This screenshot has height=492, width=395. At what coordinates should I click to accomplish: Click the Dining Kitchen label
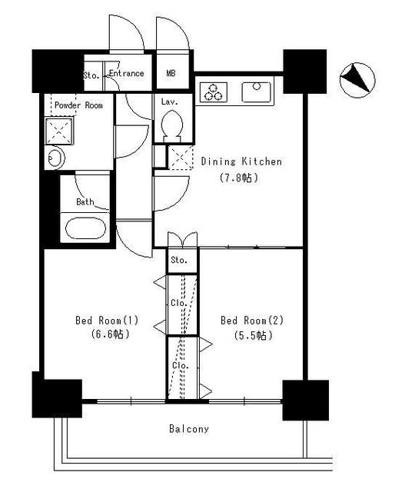point(241,161)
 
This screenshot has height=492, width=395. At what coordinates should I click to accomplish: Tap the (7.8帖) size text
point(241,178)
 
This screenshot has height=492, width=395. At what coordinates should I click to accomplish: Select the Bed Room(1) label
point(107,320)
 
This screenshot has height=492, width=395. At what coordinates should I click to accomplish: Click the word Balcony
point(189,429)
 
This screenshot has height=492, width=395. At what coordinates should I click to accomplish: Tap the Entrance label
point(126,74)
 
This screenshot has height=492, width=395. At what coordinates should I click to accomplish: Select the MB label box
point(171,74)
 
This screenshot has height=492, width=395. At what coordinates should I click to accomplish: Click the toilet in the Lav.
point(174,125)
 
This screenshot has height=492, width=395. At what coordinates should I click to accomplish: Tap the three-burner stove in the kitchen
point(213,92)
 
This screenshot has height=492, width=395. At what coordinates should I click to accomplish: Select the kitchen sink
point(255,92)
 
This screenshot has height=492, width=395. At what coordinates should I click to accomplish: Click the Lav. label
point(169,101)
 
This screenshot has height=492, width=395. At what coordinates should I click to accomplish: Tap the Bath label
point(85,203)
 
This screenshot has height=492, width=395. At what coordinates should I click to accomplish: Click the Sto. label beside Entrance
point(91,75)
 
